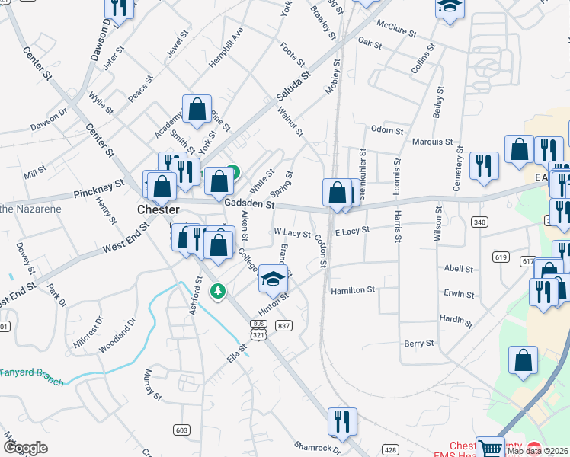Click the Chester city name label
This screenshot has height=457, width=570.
coord(158,209)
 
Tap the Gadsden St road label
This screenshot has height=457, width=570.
coord(249,204)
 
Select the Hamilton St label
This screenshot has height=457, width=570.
coord(353,290)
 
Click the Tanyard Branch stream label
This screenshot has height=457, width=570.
coord(30,372)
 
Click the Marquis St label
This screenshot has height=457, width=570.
coord(432,142)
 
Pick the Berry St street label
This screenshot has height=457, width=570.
coord(419,344)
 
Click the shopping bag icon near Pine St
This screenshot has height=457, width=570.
coord(197,108)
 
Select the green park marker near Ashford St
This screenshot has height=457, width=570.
coord(218,290)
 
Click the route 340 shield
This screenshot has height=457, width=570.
coord(479,222)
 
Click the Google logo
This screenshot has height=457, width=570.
coord(25,447)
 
